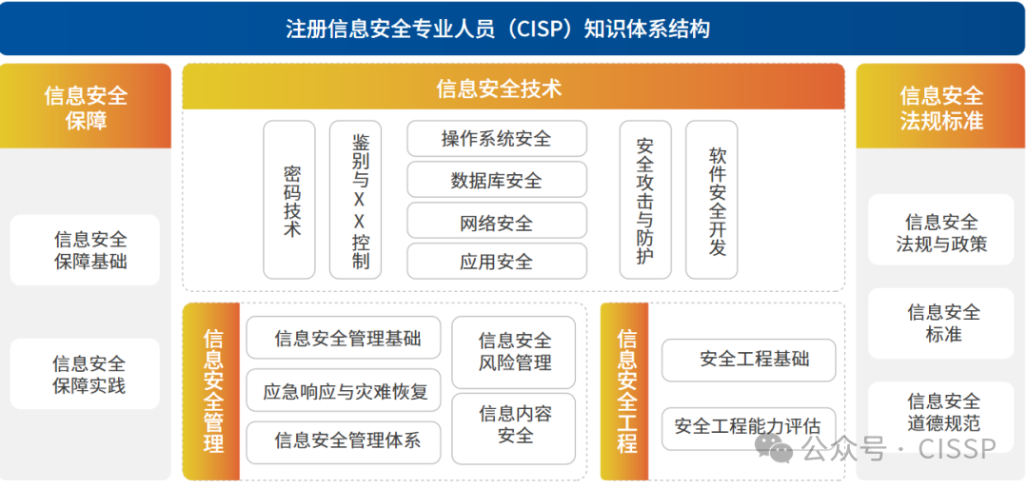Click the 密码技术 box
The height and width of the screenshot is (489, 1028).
point(289,200)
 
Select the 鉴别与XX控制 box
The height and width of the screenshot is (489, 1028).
point(356,200)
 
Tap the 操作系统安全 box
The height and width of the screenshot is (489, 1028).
point(497,139)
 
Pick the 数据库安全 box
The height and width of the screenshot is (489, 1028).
point(497,180)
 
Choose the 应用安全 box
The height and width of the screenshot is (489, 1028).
point(497,262)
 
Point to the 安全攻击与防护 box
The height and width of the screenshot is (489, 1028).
point(645,200)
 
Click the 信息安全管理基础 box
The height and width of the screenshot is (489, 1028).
point(344,338)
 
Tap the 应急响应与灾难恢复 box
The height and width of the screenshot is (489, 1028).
point(344,390)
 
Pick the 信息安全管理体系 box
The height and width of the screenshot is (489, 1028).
point(344,441)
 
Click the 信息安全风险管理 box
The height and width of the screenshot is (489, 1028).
point(514,352)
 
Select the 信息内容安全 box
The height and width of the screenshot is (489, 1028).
point(514,424)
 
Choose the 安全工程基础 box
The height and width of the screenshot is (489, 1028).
point(749,360)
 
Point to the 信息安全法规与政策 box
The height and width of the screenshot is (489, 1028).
point(941,231)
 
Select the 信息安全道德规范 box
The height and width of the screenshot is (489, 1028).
point(941,412)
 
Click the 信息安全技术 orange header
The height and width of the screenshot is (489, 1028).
point(513,88)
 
